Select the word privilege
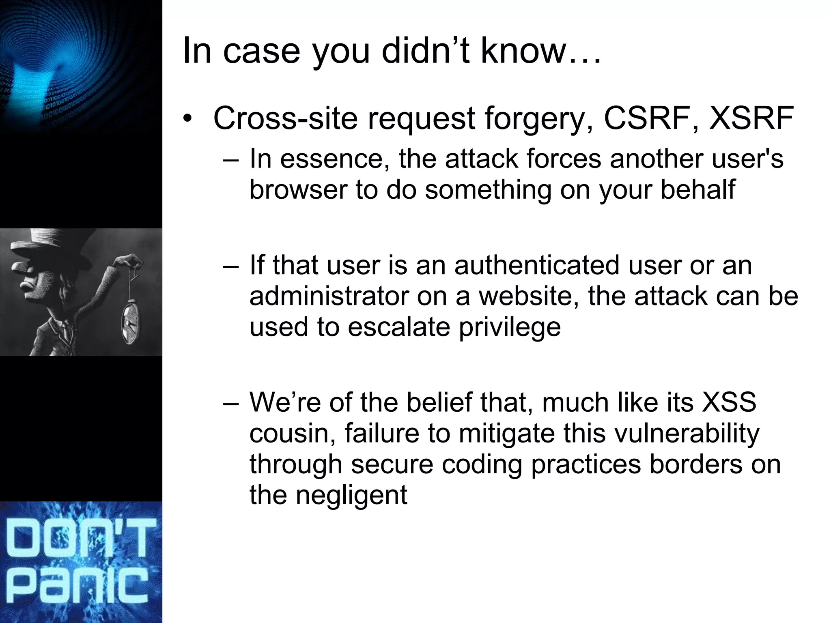(x=510, y=328)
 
